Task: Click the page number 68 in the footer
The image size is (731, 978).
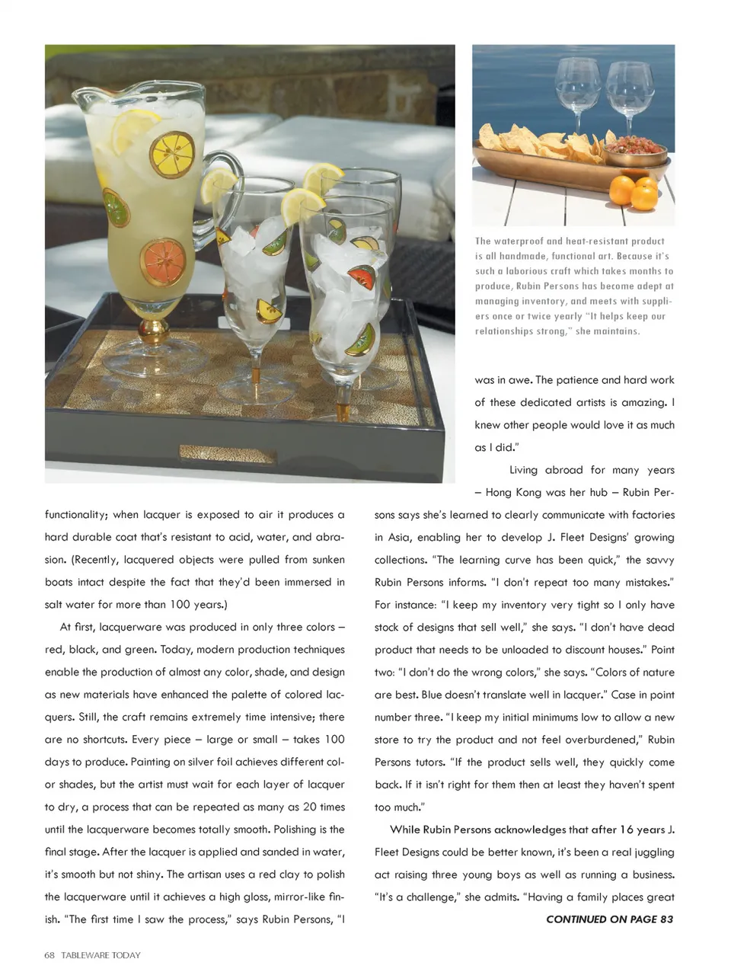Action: pyautogui.click(x=49, y=955)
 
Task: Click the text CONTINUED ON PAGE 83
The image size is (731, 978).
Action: pyautogui.click(x=609, y=919)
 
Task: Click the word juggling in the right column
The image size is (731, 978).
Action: pyautogui.click(x=650, y=852)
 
